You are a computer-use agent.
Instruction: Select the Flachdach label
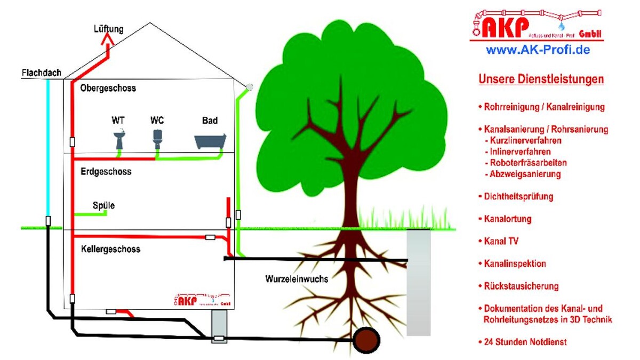[x=41, y=73]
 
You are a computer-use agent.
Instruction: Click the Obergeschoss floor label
[x=108, y=88]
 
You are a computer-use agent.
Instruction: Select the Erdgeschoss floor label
[x=106, y=172]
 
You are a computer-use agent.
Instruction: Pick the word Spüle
[x=103, y=205]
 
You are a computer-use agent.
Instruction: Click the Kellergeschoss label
[x=111, y=249]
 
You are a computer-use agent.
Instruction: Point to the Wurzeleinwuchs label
[x=297, y=279]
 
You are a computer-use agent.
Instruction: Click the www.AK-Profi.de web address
[x=538, y=50]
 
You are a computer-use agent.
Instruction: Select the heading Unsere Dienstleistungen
[x=541, y=79]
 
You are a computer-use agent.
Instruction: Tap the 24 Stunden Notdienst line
[x=522, y=341]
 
